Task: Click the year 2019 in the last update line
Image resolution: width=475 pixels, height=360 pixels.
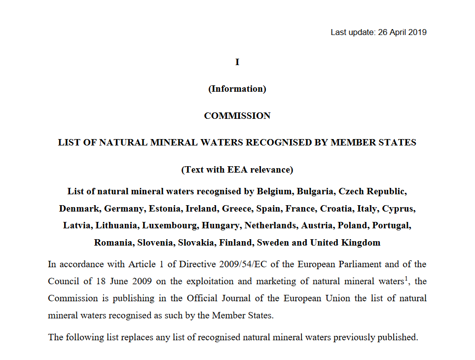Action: (x=418, y=33)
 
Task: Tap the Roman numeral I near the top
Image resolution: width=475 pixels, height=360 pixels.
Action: (x=237, y=62)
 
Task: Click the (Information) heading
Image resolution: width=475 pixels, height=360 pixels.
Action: (x=237, y=89)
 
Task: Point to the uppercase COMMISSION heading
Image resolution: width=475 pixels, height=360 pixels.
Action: (x=237, y=116)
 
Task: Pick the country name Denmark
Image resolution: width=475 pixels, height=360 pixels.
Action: (x=79, y=209)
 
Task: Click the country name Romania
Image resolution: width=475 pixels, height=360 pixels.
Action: (x=113, y=243)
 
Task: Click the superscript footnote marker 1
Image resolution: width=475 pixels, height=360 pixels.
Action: (x=406, y=279)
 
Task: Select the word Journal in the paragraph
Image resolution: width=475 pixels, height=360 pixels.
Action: (x=289, y=299)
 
